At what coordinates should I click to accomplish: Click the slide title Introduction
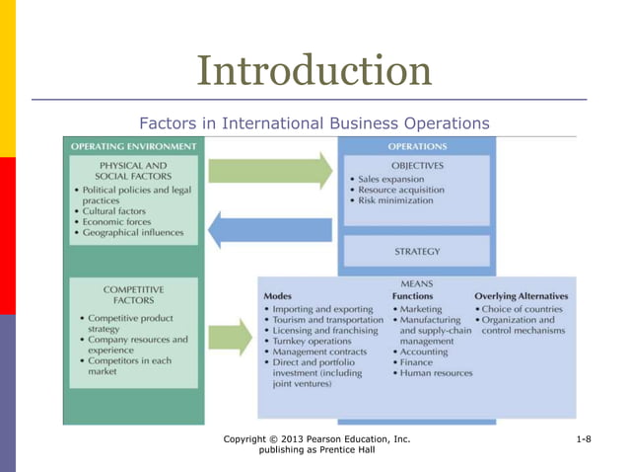pyautogui.click(x=314, y=70)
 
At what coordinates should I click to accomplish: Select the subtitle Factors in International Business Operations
pyautogui.click(x=314, y=123)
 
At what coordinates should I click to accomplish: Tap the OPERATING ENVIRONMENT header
pyautogui.click(x=133, y=146)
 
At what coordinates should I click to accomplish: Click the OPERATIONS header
pyautogui.click(x=416, y=146)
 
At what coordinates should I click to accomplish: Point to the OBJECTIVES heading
pyautogui.click(x=416, y=165)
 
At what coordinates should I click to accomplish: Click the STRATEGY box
pyautogui.click(x=416, y=251)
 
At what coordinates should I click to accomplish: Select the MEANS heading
pyautogui.click(x=417, y=282)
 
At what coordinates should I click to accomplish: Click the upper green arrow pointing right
pyautogui.click(x=271, y=170)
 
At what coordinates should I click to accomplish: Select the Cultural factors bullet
pyautogui.click(x=113, y=211)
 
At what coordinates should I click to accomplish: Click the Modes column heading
pyautogui.click(x=278, y=296)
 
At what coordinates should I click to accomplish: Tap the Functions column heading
pyautogui.click(x=412, y=296)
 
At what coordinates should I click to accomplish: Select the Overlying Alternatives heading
pyautogui.click(x=522, y=296)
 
